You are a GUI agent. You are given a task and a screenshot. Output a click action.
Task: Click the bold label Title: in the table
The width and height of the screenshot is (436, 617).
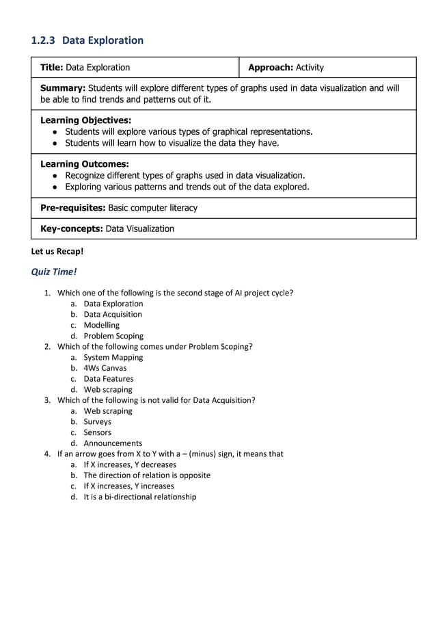(52, 68)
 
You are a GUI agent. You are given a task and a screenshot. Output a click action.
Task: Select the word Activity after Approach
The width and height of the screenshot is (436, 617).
(310, 68)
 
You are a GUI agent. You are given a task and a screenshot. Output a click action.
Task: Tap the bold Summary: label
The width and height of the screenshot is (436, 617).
(63, 88)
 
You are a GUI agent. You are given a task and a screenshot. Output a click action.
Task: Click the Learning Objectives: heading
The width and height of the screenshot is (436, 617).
(86, 120)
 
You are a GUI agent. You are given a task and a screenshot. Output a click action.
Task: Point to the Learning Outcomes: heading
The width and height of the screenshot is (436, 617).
(85, 164)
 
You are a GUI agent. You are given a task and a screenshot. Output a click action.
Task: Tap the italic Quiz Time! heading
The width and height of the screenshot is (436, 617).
(54, 272)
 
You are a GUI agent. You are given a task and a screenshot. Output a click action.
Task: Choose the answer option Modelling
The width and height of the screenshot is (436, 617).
(101, 325)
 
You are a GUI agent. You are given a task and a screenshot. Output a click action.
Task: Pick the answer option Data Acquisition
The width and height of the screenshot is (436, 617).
(113, 315)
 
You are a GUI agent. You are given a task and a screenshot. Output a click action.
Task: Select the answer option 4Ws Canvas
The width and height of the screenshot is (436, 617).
(105, 368)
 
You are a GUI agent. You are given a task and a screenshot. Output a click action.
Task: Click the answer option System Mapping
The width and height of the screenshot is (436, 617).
(113, 357)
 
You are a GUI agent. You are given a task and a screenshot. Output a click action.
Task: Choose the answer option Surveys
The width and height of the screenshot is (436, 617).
(97, 421)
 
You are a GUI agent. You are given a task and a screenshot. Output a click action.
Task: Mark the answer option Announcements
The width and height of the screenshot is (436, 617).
(113, 443)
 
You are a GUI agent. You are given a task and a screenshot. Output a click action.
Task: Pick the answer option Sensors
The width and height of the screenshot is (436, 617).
(97, 432)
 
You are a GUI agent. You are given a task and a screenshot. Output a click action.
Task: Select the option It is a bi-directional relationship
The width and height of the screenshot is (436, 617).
(139, 497)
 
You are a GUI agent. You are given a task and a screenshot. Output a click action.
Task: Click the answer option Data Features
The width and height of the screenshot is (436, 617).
(108, 379)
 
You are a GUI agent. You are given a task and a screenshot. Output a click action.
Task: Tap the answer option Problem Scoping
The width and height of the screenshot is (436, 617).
(113, 336)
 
